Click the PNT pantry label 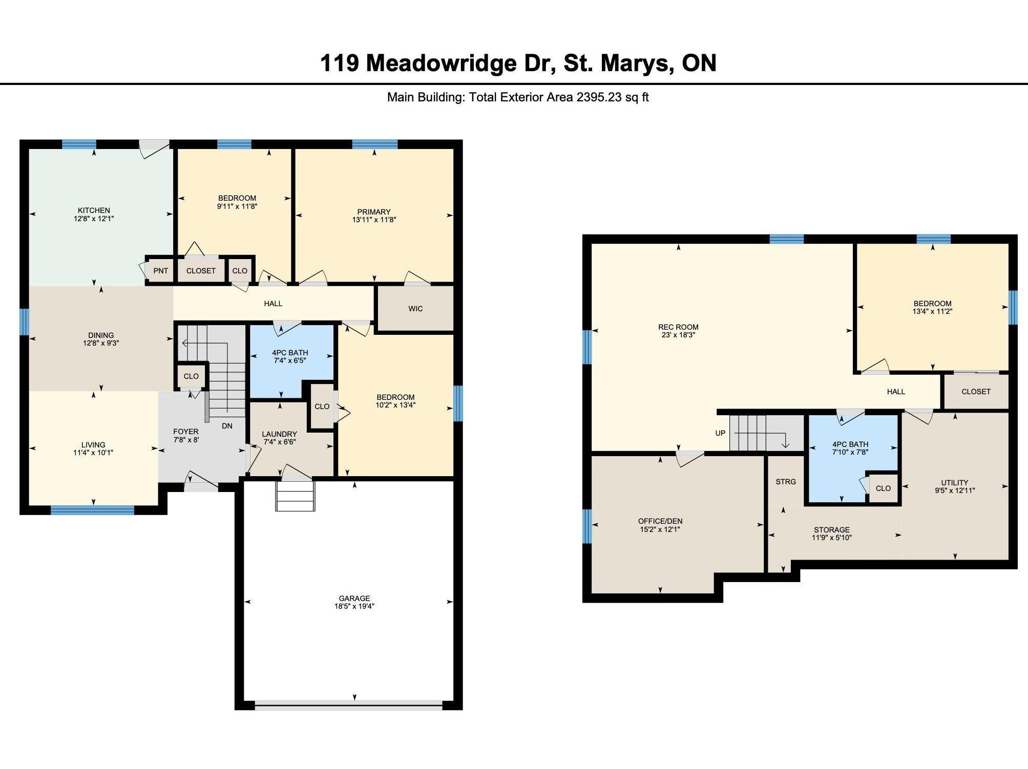click(x=161, y=271)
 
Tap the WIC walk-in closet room click(x=415, y=309)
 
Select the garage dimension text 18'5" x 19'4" click(x=354, y=606)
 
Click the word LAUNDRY click(x=280, y=434)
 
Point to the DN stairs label click(x=227, y=426)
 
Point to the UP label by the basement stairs click(x=720, y=433)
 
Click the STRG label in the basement click(x=786, y=482)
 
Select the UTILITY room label click(x=955, y=482)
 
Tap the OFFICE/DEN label click(x=660, y=521)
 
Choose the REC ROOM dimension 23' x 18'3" click(x=678, y=335)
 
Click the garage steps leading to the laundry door click(x=295, y=496)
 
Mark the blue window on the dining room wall click(x=24, y=322)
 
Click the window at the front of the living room click(x=92, y=510)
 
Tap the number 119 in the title click(x=339, y=63)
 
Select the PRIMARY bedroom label click(x=374, y=212)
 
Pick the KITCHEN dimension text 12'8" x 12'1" click(x=94, y=219)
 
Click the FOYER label click(x=185, y=432)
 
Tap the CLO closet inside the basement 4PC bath click(x=884, y=488)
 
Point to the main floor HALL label click(x=273, y=304)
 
